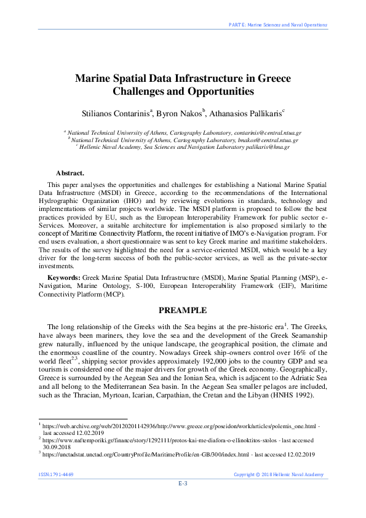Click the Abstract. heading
70,173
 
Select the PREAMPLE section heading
183,311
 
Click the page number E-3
183,483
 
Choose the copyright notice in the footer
279,474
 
